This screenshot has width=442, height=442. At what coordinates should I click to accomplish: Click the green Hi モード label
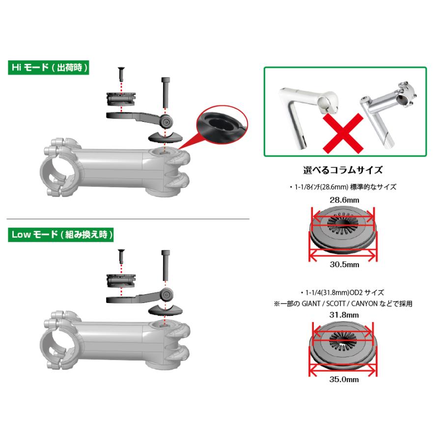coord(49,68)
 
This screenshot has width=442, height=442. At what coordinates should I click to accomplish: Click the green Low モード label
coord(60,235)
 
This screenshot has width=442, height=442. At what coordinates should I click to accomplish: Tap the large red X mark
coord(343,133)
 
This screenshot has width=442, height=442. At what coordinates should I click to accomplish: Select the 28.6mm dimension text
coord(344,200)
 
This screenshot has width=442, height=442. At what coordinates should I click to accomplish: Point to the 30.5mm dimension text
coord(344,264)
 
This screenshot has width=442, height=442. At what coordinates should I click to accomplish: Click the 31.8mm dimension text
coord(344,315)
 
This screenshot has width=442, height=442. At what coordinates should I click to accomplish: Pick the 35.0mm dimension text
coord(344,379)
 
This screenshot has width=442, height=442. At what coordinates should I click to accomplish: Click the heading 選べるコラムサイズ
coord(343,170)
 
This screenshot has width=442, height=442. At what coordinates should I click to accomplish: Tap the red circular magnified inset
coord(221,124)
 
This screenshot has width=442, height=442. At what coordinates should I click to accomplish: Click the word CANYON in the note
coord(364,304)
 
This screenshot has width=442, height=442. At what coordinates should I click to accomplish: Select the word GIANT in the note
coord(311,304)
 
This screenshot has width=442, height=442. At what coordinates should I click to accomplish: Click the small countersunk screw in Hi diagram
coord(121,74)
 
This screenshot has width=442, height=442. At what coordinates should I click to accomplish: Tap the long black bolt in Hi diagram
coord(165,92)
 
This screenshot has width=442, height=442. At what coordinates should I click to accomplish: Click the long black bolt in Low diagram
coord(165,265)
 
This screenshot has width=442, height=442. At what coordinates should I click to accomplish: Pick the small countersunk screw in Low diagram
coord(121,256)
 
